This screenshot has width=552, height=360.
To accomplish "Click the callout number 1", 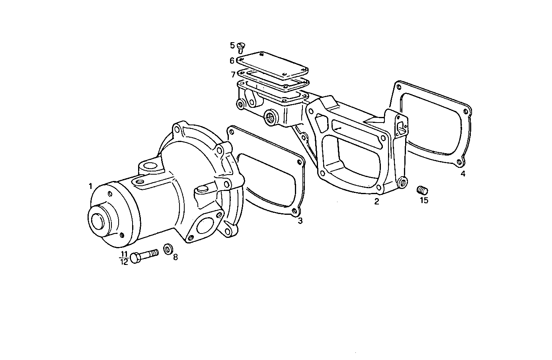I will [91, 186].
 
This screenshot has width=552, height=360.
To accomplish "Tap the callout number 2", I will [376, 201].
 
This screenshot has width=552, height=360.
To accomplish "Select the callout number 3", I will [300, 221].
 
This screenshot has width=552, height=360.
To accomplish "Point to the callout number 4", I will [463, 173].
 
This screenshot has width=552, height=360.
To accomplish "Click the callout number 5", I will [232, 45].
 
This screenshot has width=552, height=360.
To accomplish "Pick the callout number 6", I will [232, 61].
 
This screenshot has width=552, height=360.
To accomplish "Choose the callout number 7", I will [233, 74].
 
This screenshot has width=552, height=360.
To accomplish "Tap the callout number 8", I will [175, 257].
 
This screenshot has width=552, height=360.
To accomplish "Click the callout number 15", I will [424, 200].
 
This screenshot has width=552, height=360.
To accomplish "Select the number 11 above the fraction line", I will [124, 255].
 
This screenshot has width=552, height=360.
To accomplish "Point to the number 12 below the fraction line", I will [124, 262].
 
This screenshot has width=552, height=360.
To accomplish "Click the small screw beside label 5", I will [241, 48].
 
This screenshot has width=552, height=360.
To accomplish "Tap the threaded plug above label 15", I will [422, 190].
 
